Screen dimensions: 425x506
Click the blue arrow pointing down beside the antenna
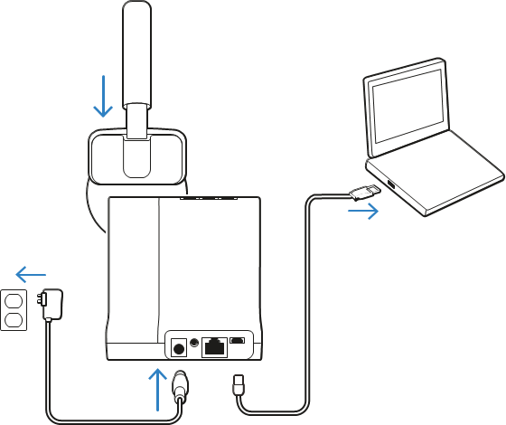(103, 97)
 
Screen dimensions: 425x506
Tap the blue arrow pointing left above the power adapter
(31, 274)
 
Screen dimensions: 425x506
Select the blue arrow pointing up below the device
(158, 389)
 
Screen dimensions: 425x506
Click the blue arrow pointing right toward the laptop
(363, 212)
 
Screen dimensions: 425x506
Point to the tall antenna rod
(136, 54)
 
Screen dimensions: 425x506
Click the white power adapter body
(53, 304)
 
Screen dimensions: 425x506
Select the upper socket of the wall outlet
(13, 300)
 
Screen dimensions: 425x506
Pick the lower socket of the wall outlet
(13, 319)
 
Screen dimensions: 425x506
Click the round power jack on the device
(179, 347)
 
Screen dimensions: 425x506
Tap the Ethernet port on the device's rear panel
(214, 346)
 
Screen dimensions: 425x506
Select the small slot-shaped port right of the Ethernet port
(238, 341)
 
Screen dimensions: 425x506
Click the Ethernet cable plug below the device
(239, 384)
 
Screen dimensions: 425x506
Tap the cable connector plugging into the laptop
(363, 191)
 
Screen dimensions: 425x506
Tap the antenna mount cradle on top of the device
(136, 156)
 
